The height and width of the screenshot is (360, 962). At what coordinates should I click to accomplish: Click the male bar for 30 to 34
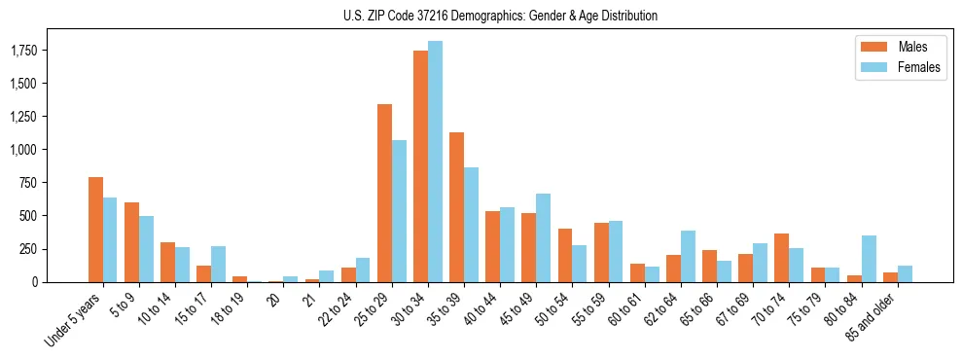(x=420, y=166)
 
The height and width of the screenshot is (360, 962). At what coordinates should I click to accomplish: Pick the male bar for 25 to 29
(x=384, y=193)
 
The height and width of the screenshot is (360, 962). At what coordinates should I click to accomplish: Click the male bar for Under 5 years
(x=95, y=230)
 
